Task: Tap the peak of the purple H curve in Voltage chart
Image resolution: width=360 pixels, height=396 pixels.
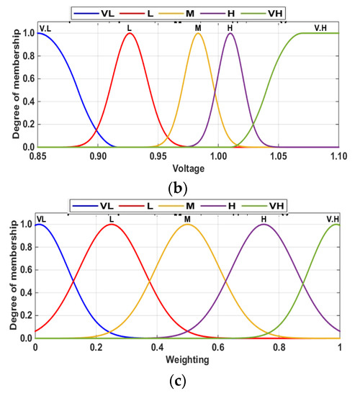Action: pos(230,33)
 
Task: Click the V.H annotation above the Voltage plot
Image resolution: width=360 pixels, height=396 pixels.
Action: pos(321,28)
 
